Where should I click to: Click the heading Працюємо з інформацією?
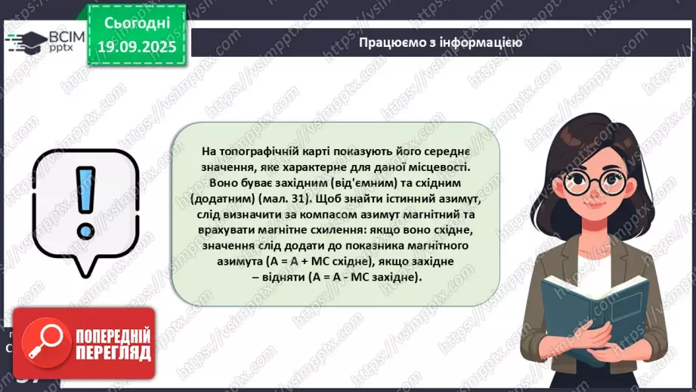tap(441, 42)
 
